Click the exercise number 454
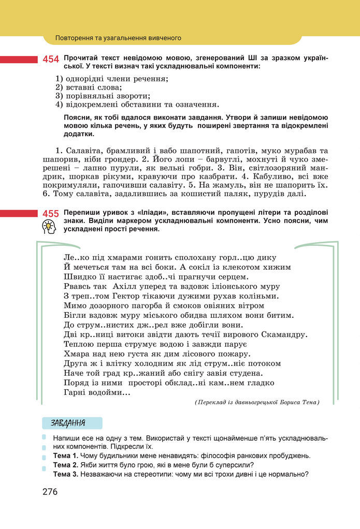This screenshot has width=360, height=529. coord(51,60)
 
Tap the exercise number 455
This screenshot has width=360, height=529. coord(51,214)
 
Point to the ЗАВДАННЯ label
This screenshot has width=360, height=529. coord(68,423)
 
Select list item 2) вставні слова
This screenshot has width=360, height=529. coord(89,87)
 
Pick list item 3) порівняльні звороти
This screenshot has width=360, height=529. coord(103,96)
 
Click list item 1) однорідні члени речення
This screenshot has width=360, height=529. coord(112,79)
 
